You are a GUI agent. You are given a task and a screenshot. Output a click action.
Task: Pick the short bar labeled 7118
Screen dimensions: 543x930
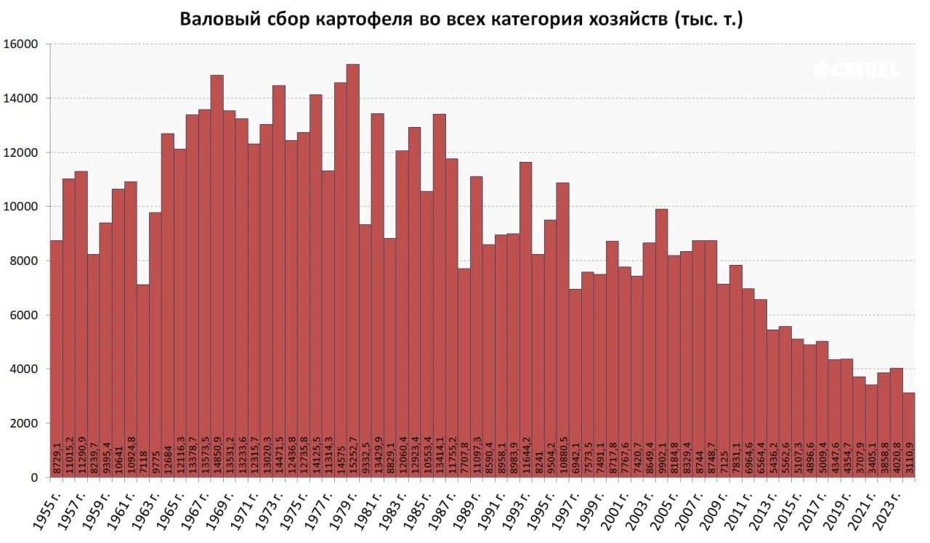point(143,363)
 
